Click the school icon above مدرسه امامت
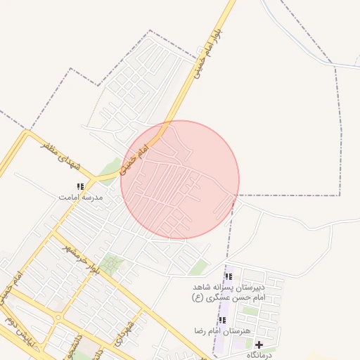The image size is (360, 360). [x=80, y=187]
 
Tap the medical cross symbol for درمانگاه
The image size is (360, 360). [x=259, y=345]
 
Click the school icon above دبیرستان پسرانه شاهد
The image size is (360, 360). [x=228, y=277]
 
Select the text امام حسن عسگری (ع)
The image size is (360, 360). [x=228, y=297]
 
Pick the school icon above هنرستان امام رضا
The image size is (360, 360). [x=222, y=320]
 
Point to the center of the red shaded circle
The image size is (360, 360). [x=180, y=179]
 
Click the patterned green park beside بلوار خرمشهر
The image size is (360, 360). [x=110, y=265]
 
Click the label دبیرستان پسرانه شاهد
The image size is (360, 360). [x=229, y=288]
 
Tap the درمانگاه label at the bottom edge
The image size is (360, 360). [x=260, y=356]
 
